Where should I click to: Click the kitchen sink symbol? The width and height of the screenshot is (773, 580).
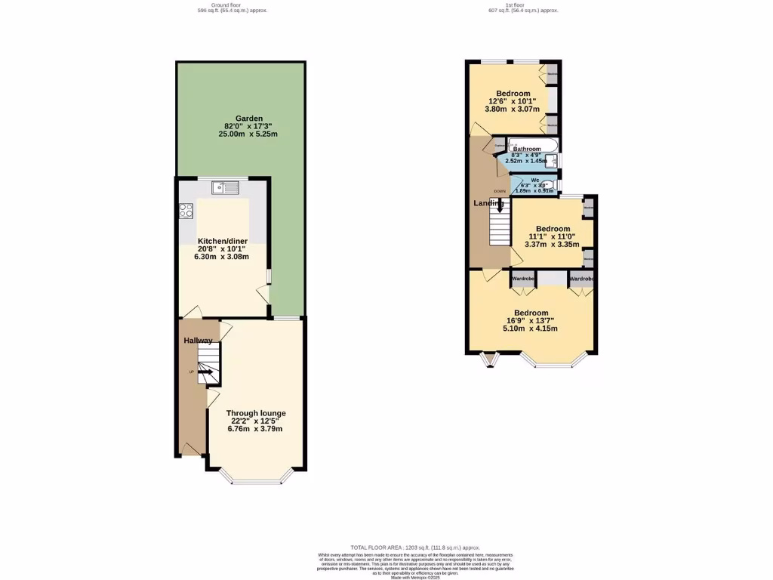point(226,187)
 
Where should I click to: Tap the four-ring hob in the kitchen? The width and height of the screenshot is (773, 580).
point(186,211)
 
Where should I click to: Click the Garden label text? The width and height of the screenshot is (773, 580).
point(248,119)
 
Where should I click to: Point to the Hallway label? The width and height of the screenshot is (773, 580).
point(198,341)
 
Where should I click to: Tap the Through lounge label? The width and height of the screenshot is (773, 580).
point(256,413)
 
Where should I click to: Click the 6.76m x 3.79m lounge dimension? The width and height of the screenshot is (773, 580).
point(255,429)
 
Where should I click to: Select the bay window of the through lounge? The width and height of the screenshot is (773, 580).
point(256,477)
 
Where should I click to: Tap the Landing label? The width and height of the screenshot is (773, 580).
point(488,203)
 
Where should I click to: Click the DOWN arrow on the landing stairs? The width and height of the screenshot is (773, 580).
point(499,205)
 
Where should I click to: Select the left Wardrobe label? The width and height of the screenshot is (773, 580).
point(524,279)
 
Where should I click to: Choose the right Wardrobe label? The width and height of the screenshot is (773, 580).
point(581,279)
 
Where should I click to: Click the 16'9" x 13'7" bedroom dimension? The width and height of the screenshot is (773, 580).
point(531,321)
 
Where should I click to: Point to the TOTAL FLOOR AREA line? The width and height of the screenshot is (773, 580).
point(415,547)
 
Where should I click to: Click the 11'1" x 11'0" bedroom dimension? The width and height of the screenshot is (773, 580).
point(553,236)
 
